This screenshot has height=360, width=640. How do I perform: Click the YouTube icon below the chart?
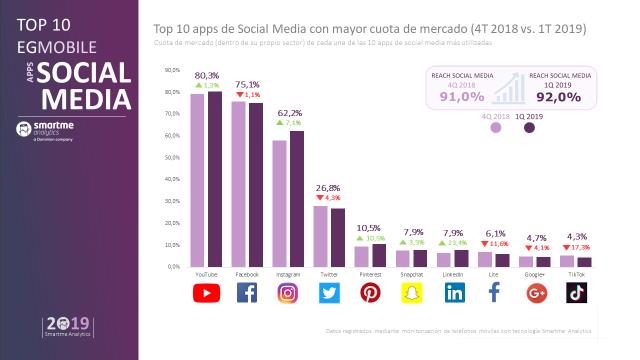click(205, 293)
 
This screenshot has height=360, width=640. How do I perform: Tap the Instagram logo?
click(288, 293)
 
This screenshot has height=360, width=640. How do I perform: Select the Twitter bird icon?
click(329, 293)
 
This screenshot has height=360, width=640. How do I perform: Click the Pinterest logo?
click(370, 293)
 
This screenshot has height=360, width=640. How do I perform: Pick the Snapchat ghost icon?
click(412, 293)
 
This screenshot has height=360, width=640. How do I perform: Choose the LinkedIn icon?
click(454, 293)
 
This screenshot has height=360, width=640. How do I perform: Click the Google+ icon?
click(537, 293)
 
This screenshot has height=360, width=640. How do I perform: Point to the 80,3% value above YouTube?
click(206, 75)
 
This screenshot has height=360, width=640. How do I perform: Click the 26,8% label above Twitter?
click(329, 187)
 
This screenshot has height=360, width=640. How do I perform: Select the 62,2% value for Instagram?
click(288, 113)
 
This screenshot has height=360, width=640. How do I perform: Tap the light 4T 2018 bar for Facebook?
click(238, 184)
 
